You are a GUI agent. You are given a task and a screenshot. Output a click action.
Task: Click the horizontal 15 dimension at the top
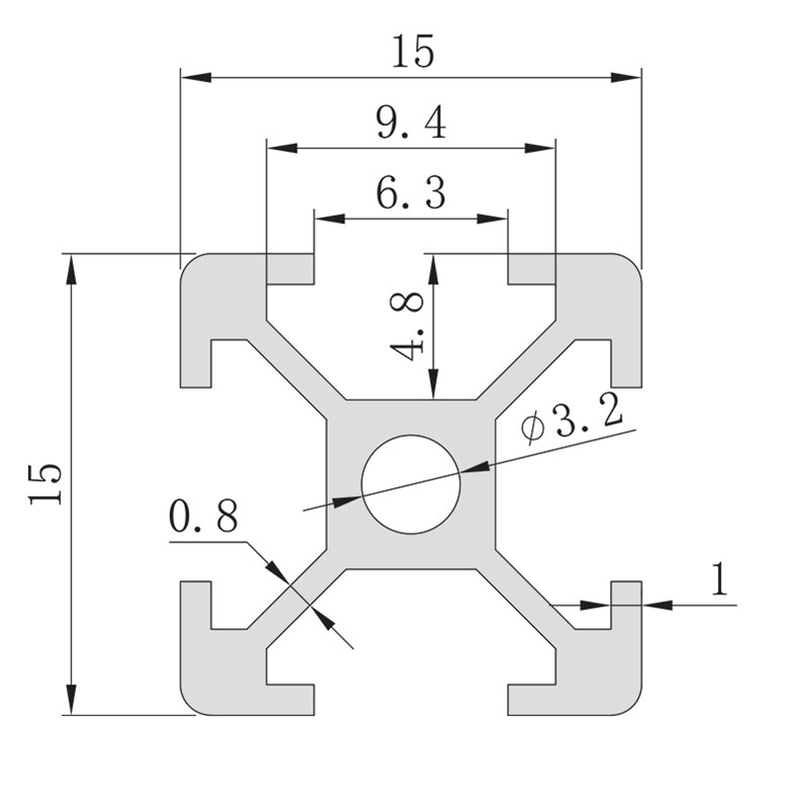(x=412, y=51)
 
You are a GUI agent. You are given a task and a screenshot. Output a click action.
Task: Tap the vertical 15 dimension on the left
(x=47, y=484)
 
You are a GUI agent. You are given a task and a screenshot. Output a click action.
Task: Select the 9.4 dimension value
(x=410, y=123)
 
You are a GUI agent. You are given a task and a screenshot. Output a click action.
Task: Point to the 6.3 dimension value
(x=410, y=192)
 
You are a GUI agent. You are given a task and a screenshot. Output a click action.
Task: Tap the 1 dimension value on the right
(x=717, y=579)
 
